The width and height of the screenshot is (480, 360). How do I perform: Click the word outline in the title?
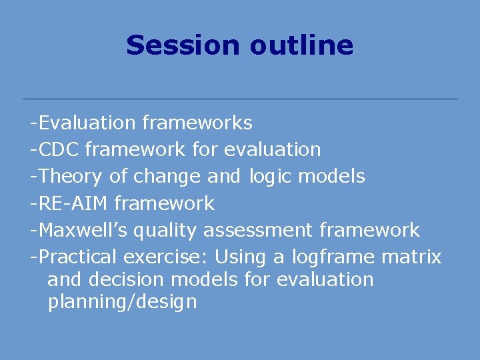(x=301, y=45)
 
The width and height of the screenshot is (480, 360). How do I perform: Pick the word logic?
(x=271, y=177)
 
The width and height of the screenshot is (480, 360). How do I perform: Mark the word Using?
(x=239, y=257)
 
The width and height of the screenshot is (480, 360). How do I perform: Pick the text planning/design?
(x=122, y=303)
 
